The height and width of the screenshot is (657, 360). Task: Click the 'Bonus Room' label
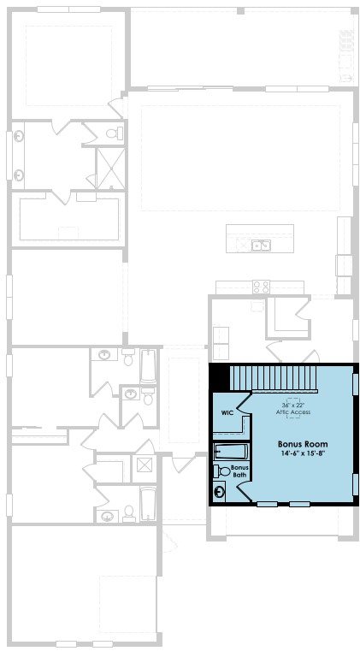[x=303, y=444]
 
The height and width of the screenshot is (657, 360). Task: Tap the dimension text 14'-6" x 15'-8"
[x=303, y=453]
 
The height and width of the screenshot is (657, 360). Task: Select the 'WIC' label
[x=227, y=412]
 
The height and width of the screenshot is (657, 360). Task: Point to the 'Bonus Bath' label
[x=240, y=471]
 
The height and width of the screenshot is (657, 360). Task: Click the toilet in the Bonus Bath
[x=222, y=471]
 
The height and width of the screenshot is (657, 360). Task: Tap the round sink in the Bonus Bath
[x=219, y=492]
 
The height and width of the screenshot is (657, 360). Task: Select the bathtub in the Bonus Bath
[x=231, y=452]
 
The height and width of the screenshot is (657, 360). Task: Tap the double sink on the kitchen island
[x=261, y=246]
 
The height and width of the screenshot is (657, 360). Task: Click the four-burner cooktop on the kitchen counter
[x=261, y=287]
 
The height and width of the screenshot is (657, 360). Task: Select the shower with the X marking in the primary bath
[x=111, y=169]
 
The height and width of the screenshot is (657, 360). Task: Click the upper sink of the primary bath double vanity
[x=19, y=136]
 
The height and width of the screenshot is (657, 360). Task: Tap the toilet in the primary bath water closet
[x=114, y=133]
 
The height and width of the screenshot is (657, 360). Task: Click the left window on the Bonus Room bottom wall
[x=267, y=504]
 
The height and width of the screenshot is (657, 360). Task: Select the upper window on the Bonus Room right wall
[x=356, y=385]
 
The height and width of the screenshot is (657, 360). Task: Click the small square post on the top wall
[x=240, y=10]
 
